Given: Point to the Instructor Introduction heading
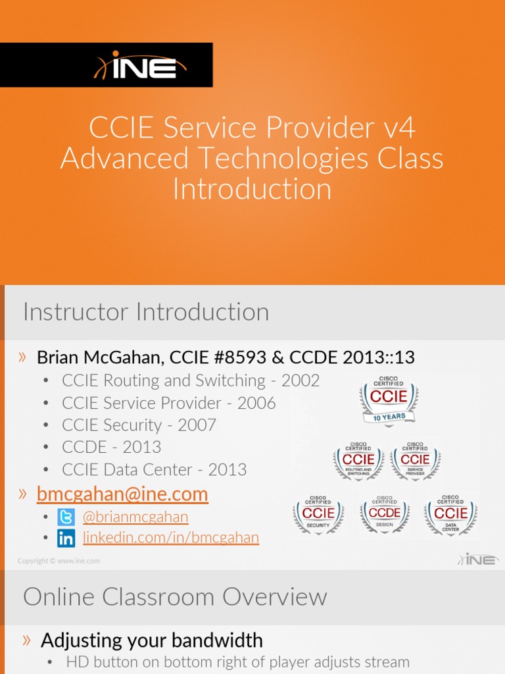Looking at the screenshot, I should click(146, 312).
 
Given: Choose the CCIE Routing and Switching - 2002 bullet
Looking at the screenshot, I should click(191, 380).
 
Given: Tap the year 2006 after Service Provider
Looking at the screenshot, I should click(256, 403).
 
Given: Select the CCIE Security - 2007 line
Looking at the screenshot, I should click(139, 425).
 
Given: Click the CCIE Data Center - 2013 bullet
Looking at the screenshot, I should click(154, 470).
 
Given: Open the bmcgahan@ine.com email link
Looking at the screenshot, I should click(122, 494).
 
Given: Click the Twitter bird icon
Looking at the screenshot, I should click(66, 517).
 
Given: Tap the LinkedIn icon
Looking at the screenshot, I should click(66, 538).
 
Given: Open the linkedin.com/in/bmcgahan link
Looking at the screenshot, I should click(171, 538).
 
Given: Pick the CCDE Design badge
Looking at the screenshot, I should click(385, 513).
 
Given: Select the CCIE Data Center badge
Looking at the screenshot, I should click(450, 513).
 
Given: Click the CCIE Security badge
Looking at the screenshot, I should click(318, 514).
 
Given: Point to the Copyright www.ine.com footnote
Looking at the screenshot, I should click(59, 561).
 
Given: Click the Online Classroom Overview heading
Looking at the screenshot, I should click(175, 597).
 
